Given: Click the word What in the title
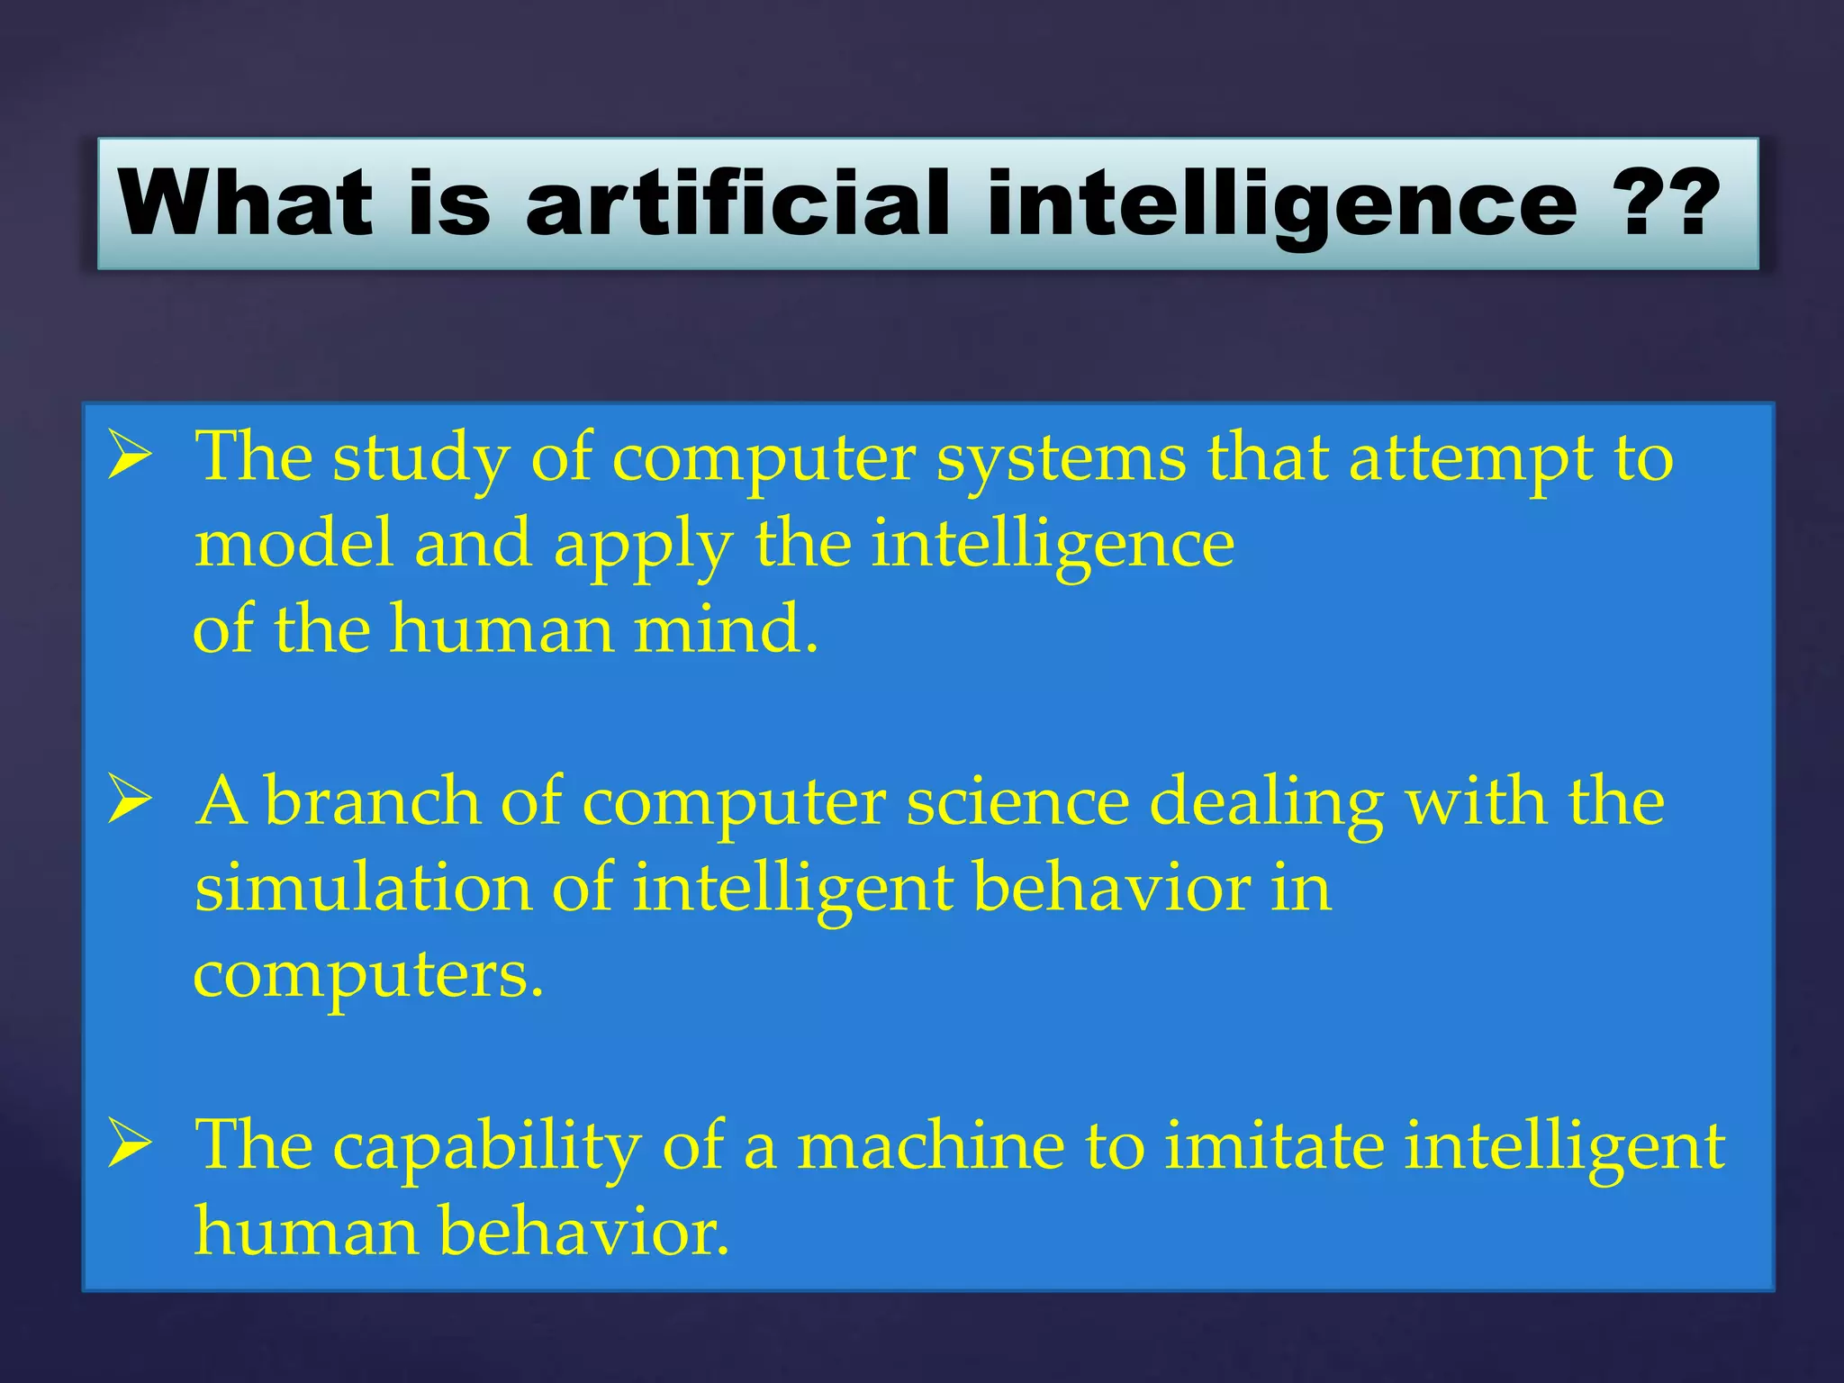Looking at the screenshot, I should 245,203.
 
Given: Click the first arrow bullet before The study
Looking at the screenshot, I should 130,456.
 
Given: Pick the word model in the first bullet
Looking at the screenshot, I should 293,545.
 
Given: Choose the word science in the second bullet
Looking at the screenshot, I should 1017,801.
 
